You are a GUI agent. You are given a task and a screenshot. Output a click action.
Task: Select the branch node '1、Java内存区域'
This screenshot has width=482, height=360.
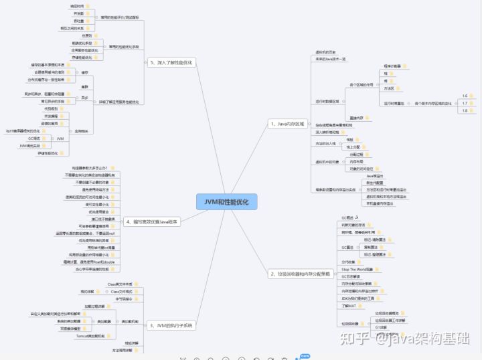coord(287,124)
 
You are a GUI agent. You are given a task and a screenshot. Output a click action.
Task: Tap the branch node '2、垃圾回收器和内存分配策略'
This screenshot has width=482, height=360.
coord(299,274)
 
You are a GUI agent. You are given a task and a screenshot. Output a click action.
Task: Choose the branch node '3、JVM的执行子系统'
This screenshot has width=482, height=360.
coord(170,325)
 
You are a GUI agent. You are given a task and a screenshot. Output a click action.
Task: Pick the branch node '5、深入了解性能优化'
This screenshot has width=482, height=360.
coord(171,62)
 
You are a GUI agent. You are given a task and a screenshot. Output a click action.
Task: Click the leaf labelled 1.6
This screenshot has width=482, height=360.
coord(465,96)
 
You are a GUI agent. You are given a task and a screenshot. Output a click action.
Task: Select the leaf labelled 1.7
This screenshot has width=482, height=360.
coord(465,103)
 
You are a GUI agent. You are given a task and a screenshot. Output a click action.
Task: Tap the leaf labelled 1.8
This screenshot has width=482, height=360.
coord(465,110)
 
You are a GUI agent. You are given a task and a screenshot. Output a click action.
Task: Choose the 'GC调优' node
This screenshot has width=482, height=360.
coord(31,139)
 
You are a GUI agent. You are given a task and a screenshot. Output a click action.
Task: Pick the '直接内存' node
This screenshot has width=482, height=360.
coord(356,118)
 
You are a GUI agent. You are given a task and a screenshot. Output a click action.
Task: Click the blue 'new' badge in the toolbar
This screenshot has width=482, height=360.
coord(305,355)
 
